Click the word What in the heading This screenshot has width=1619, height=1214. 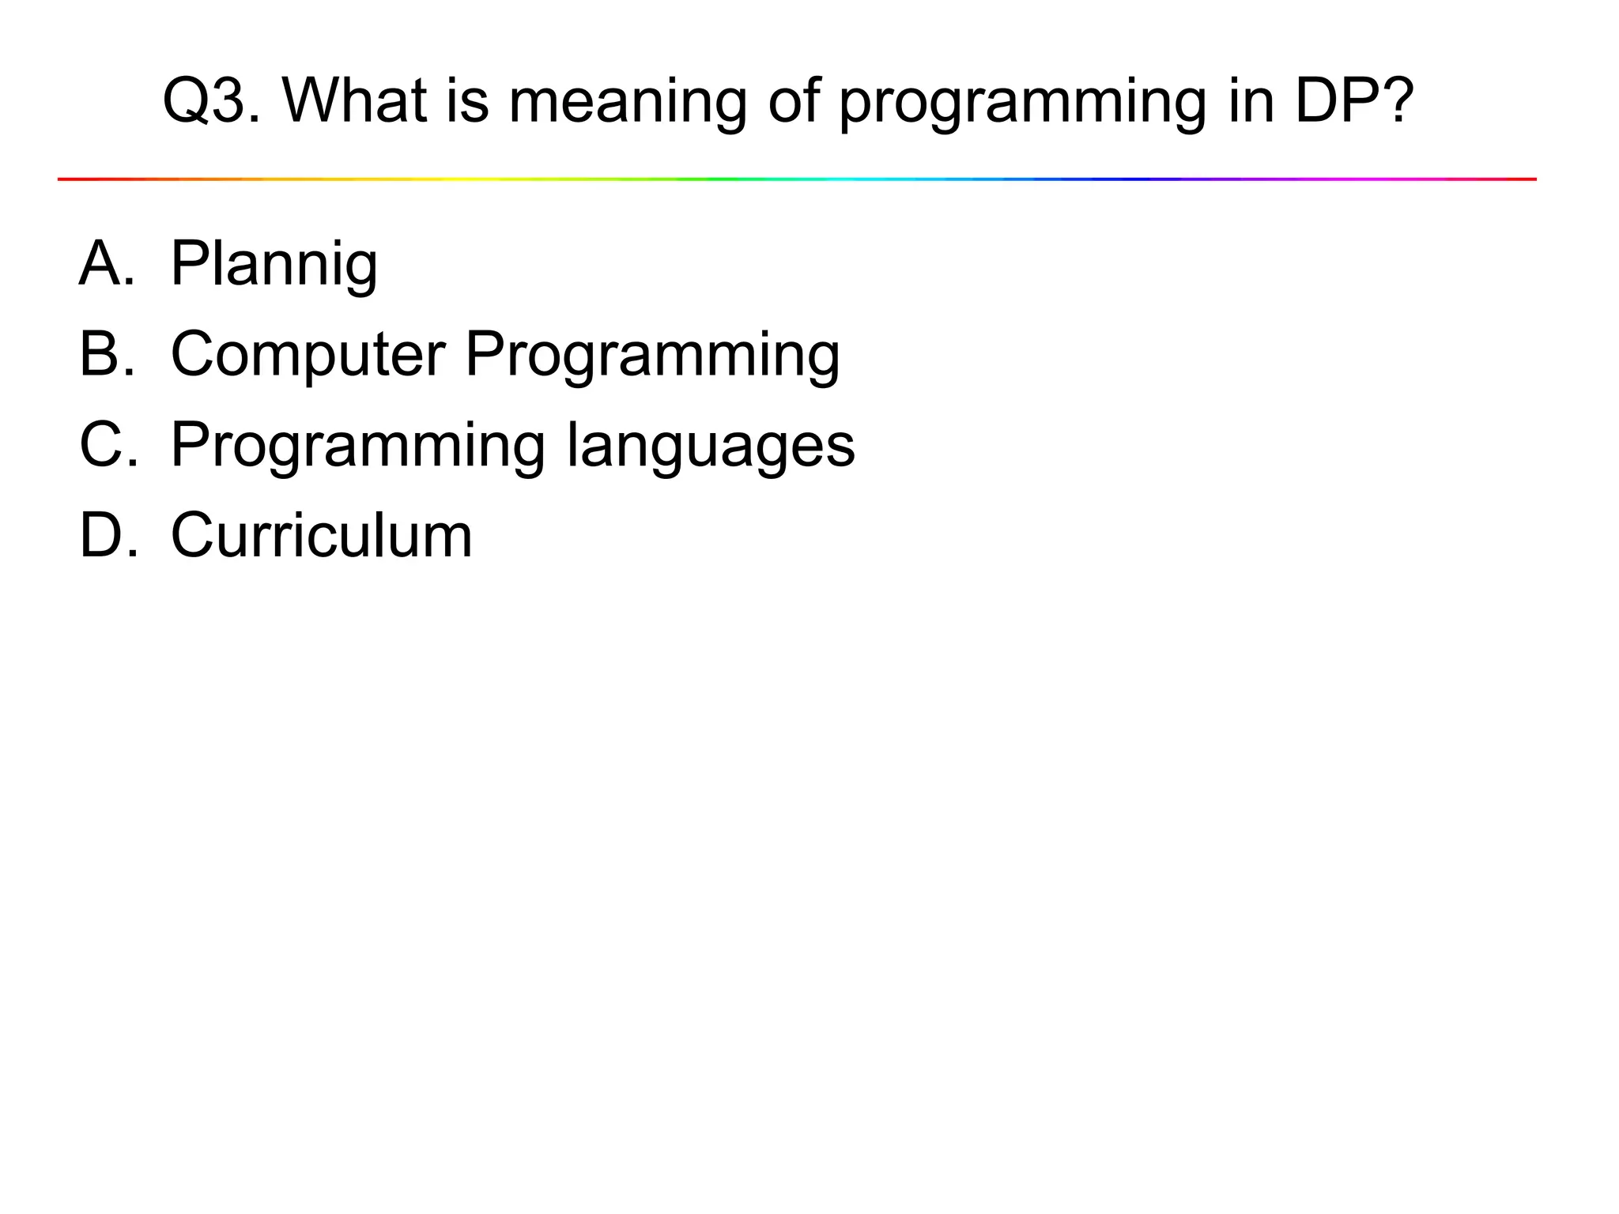(354, 101)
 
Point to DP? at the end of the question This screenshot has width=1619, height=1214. (1353, 101)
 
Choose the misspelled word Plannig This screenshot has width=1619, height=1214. (274, 265)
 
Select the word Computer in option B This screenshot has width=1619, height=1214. (308, 355)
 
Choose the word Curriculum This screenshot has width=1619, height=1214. (321, 535)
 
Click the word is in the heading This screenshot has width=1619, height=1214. (467, 101)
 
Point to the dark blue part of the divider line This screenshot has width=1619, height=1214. (1123, 179)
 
